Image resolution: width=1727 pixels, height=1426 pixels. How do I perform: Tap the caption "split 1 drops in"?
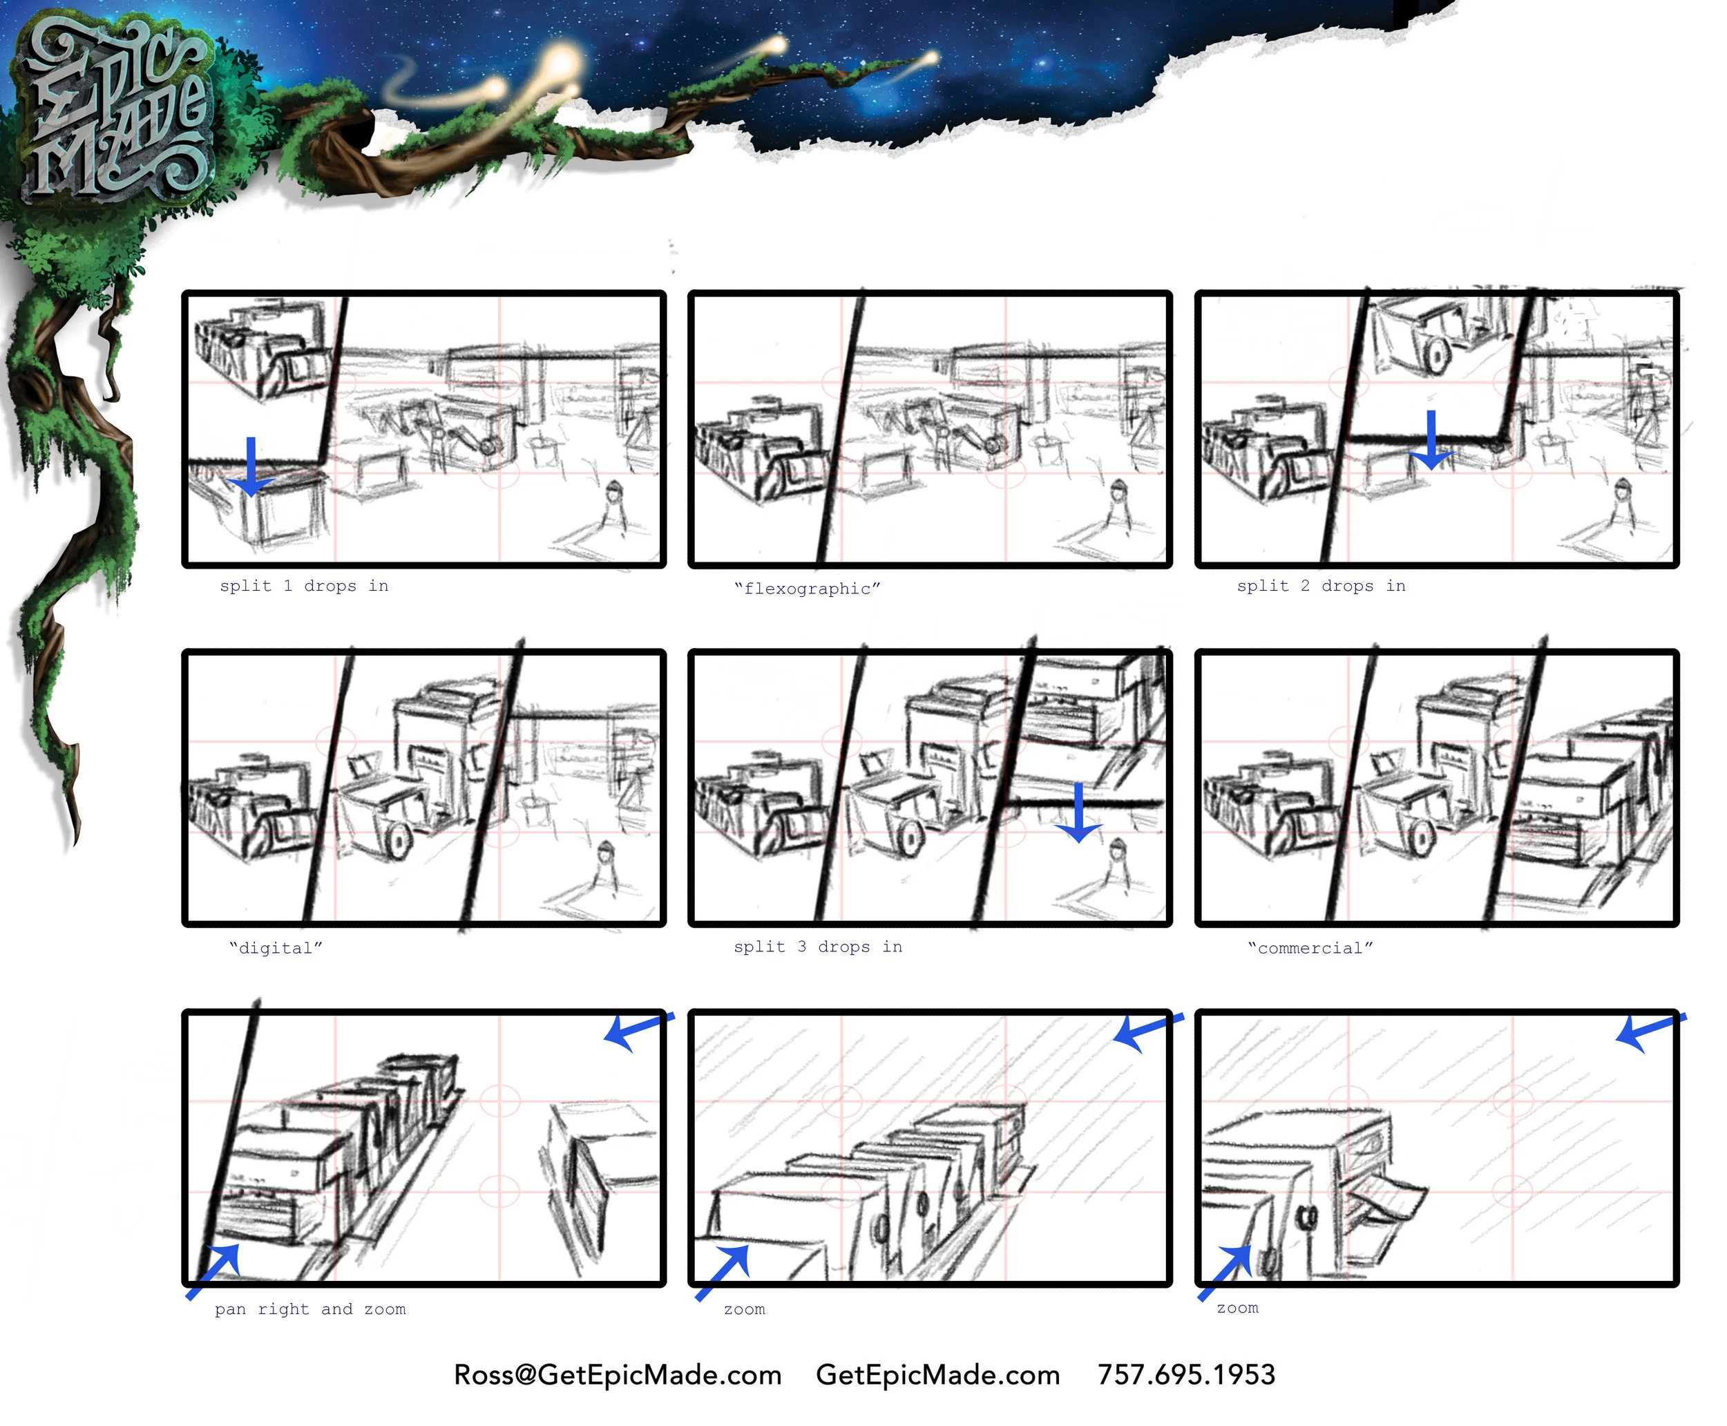click(304, 586)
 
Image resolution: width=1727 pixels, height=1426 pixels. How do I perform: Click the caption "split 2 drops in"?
click(1321, 586)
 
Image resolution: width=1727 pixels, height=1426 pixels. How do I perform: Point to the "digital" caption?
click(276, 948)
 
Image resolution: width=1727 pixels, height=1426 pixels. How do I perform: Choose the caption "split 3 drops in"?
click(818, 947)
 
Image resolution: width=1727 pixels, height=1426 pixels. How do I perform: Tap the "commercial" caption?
click(1310, 948)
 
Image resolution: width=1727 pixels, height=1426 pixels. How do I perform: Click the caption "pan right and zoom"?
click(310, 1309)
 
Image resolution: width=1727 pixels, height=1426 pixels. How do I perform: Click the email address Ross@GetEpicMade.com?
click(618, 1375)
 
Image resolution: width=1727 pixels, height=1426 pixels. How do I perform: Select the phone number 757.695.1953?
click(1187, 1375)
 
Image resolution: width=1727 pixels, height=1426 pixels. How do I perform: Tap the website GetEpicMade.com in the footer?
click(938, 1375)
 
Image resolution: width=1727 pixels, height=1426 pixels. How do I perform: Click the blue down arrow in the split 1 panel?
click(251, 466)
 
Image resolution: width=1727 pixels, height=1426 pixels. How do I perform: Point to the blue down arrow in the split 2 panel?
click(1431, 440)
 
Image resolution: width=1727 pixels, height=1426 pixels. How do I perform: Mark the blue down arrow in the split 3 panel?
click(1078, 812)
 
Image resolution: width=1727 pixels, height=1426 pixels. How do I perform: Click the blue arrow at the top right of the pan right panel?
click(639, 1031)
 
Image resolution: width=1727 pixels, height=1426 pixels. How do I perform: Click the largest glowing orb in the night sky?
click(560, 64)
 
